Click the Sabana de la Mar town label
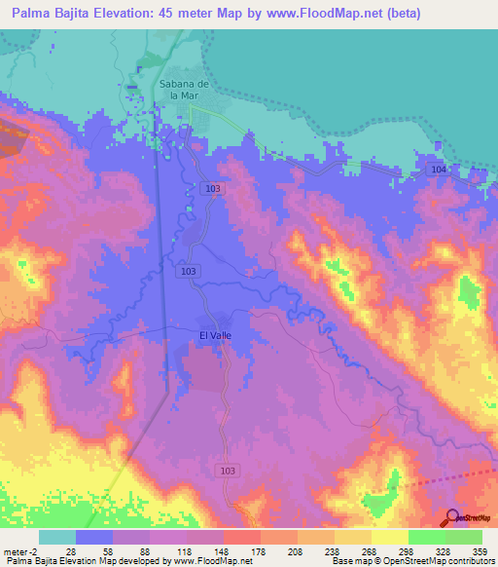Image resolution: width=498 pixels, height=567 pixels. point(177,90)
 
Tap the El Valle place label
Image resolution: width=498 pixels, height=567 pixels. point(215,335)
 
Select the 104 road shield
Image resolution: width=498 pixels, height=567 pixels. point(439,170)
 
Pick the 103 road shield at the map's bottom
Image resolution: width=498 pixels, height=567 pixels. point(228,471)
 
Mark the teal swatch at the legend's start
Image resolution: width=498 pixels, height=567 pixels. point(57,537)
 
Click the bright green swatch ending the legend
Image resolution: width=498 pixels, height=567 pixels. point(464,537)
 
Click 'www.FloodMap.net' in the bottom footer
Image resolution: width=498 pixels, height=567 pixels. point(210,562)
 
